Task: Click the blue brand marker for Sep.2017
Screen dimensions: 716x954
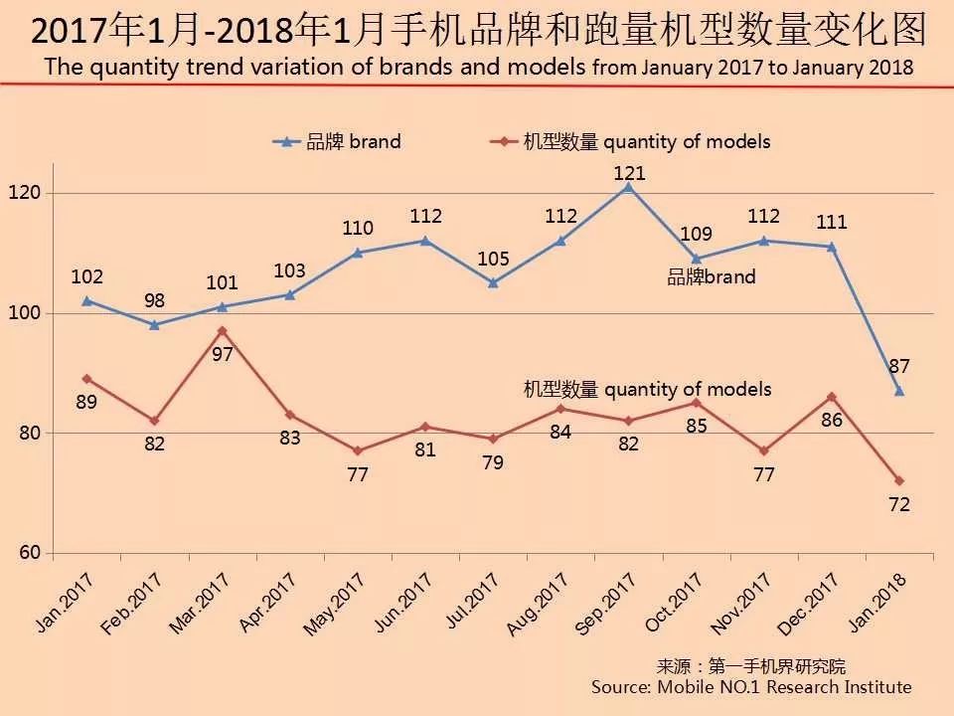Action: click(628, 186)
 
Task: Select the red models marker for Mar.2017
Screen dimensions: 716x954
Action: click(223, 330)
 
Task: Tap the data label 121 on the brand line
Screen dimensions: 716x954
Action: click(628, 173)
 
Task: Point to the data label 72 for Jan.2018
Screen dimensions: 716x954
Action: click(899, 504)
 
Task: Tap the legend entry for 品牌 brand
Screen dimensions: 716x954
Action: click(338, 141)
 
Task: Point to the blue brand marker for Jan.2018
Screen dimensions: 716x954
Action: click(899, 391)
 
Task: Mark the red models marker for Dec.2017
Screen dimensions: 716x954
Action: click(832, 397)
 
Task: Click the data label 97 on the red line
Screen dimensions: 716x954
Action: click(223, 353)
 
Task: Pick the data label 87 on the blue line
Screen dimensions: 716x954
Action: click(899, 367)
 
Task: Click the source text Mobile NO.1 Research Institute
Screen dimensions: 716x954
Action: click(750, 687)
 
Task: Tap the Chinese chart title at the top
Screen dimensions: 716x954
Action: click(477, 32)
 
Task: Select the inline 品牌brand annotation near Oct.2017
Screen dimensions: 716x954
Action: click(711, 277)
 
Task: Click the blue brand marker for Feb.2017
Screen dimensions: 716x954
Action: click(154, 325)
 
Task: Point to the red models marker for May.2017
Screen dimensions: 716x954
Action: click(358, 450)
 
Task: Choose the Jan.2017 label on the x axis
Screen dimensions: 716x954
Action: click(65, 603)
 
